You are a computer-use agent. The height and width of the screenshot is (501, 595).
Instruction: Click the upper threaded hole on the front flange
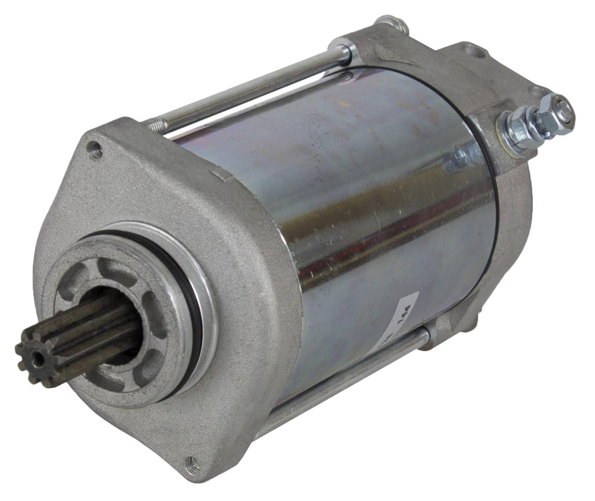(95, 149)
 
